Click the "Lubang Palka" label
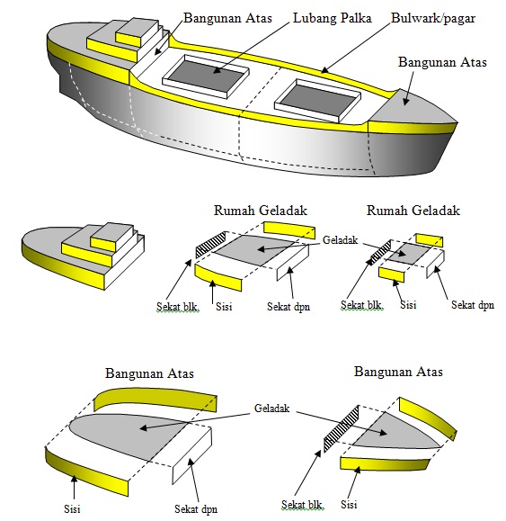pos(333,18)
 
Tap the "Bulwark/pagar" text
pos(433,18)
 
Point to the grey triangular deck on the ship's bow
pos(412,106)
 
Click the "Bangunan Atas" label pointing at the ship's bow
pos(442,62)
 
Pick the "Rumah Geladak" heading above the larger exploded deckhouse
pos(261,211)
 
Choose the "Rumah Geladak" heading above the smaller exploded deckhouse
pos(413,211)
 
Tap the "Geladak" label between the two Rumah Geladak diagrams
pos(340,240)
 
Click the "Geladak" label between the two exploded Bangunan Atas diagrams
pos(272,408)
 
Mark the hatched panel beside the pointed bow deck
pos(342,428)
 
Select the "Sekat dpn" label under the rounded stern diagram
pos(196,509)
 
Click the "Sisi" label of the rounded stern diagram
pos(72,508)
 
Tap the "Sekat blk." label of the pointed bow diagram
pos(302,505)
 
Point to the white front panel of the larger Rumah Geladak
pos(293,263)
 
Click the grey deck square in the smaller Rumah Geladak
pos(407,254)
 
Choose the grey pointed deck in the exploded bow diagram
pos(395,432)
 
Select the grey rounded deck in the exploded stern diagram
pos(129,434)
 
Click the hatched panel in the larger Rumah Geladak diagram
pos(210,246)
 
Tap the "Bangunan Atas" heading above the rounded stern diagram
pos(149,373)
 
